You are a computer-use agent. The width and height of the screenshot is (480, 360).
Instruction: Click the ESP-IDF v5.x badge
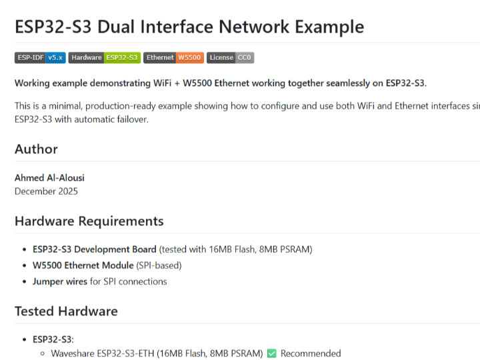(40, 58)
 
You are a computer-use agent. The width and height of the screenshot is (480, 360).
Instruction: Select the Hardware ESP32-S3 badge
(104, 58)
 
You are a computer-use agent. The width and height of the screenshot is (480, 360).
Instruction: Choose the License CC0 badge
(230, 58)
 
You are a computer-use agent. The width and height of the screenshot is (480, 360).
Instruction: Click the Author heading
(36, 149)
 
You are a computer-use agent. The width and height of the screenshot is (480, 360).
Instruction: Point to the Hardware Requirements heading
(89, 221)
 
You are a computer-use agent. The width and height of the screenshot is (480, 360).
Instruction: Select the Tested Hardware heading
(66, 311)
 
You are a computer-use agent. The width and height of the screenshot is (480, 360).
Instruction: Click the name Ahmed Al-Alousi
(49, 178)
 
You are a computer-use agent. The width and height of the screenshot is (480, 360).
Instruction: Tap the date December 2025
(46, 191)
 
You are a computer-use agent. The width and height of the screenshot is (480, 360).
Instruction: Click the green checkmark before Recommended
(271, 353)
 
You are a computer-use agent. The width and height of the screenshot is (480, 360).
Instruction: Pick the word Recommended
(311, 353)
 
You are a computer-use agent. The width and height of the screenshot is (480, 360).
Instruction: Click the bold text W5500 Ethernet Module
(83, 265)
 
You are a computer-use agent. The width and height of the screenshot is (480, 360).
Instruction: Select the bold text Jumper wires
(60, 281)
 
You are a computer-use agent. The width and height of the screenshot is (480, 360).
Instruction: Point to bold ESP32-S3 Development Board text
(95, 249)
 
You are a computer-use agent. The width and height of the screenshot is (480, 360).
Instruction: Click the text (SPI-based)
(159, 265)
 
